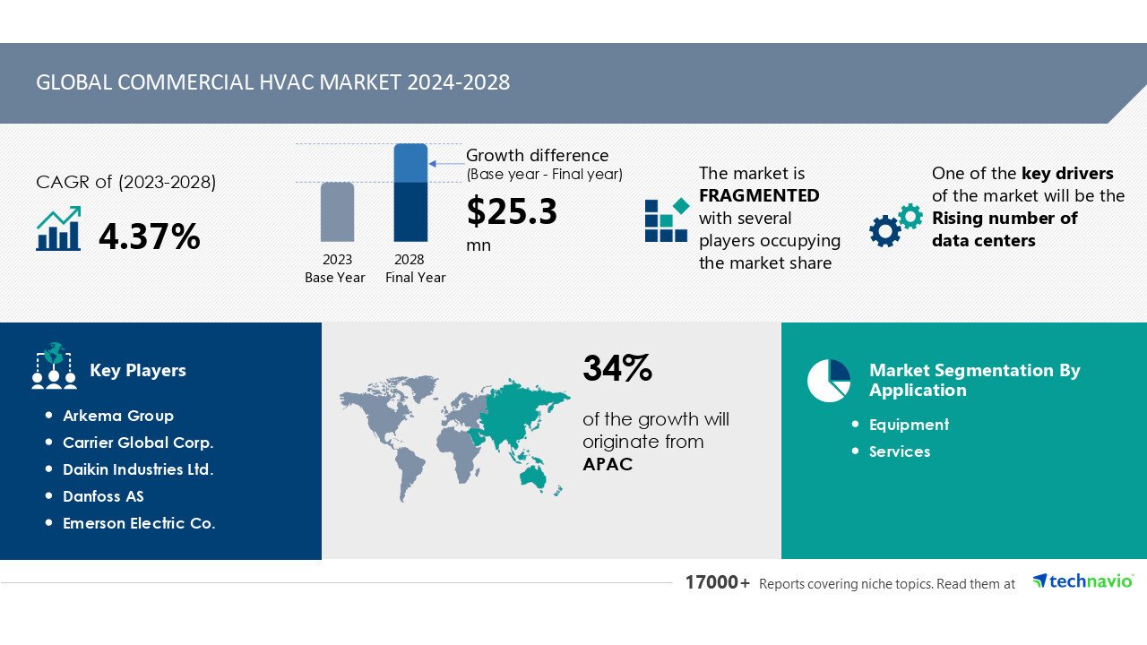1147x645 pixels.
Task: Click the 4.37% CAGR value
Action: (x=149, y=236)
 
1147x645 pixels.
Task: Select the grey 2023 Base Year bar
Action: (x=337, y=212)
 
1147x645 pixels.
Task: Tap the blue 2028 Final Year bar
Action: (x=410, y=193)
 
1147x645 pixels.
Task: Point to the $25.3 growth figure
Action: (x=512, y=212)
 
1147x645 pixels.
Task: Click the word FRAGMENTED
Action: (x=759, y=195)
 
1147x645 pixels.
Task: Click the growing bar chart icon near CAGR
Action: (x=59, y=229)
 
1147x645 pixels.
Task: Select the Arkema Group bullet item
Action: (x=117, y=416)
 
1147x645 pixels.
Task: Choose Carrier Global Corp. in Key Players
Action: (x=138, y=443)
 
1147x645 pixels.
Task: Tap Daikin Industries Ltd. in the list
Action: (x=138, y=469)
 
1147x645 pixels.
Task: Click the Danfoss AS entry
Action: (x=103, y=496)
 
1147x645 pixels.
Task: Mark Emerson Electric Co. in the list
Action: (x=139, y=523)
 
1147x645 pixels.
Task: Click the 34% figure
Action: (x=617, y=368)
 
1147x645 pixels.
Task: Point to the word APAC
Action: (x=608, y=464)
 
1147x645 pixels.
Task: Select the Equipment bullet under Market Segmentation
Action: (x=909, y=425)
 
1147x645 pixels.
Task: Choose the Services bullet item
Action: (x=900, y=451)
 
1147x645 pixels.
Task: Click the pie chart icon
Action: (x=828, y=381)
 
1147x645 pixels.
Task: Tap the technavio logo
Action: (x=1082, y=581)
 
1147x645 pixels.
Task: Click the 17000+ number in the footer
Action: (x=718, y=583)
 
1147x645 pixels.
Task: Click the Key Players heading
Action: (x=138, y=371)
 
